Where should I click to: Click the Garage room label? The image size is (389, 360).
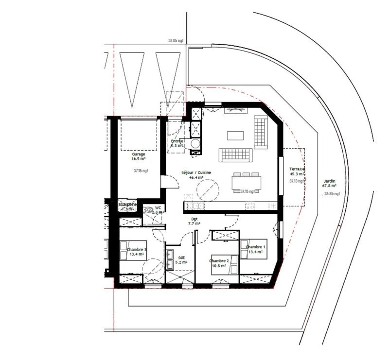coord(139,154)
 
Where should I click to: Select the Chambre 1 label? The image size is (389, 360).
coord(256,247)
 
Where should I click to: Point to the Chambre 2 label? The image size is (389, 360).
coord(219,261)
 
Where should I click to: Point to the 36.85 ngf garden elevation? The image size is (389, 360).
coord(332,194)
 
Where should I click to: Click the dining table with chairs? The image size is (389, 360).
coord(246,183)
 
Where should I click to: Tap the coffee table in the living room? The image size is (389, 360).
coord(236,135)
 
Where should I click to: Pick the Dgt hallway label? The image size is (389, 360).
coord(194,219)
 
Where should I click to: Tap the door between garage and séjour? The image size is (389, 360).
coord(164,182)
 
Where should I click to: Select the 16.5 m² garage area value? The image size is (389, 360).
coord(139,158)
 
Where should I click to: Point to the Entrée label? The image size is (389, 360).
coord(177,141)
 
